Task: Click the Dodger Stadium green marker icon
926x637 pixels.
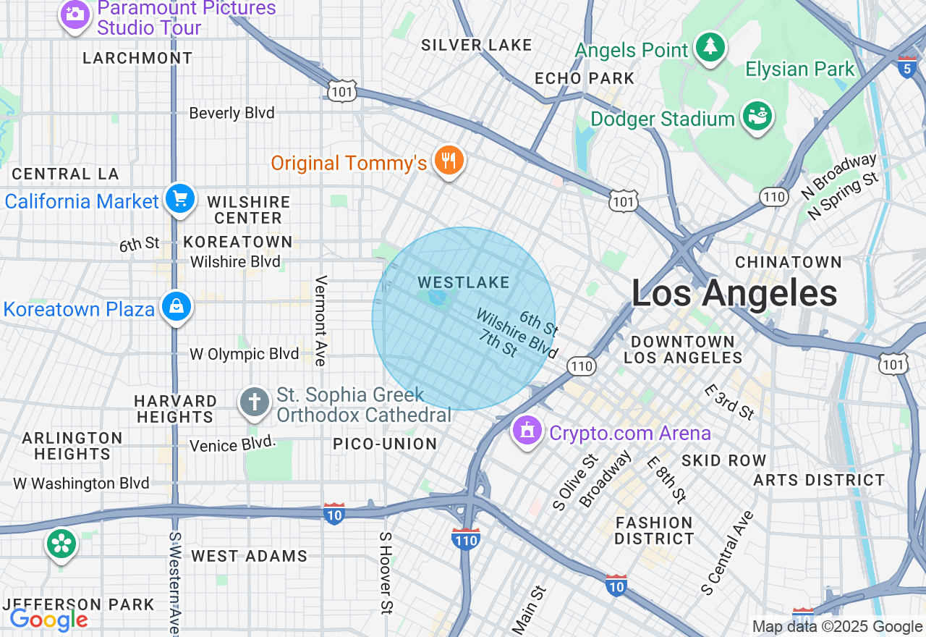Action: point(757,117)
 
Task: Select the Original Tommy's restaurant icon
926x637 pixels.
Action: point(449,161)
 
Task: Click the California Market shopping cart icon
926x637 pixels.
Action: point(179,199)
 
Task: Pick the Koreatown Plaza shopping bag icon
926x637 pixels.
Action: point(177,308)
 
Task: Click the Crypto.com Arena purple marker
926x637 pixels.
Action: point(527,431)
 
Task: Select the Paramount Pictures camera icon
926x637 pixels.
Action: point(75,14)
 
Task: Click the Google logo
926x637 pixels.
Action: point(48,620)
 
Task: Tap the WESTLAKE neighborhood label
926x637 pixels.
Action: point(464,282)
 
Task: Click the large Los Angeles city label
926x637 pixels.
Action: point(734,294)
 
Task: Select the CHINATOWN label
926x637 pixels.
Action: point(789,262)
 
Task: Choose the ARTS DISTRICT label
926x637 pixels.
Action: point(819,480)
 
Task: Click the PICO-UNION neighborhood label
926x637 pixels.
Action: point(385,444)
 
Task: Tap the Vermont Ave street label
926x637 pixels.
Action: point(321,311)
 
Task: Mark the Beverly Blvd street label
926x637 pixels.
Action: point(231,113)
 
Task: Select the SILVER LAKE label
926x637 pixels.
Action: point(477,45)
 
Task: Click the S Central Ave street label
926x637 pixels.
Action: point(728,553)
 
